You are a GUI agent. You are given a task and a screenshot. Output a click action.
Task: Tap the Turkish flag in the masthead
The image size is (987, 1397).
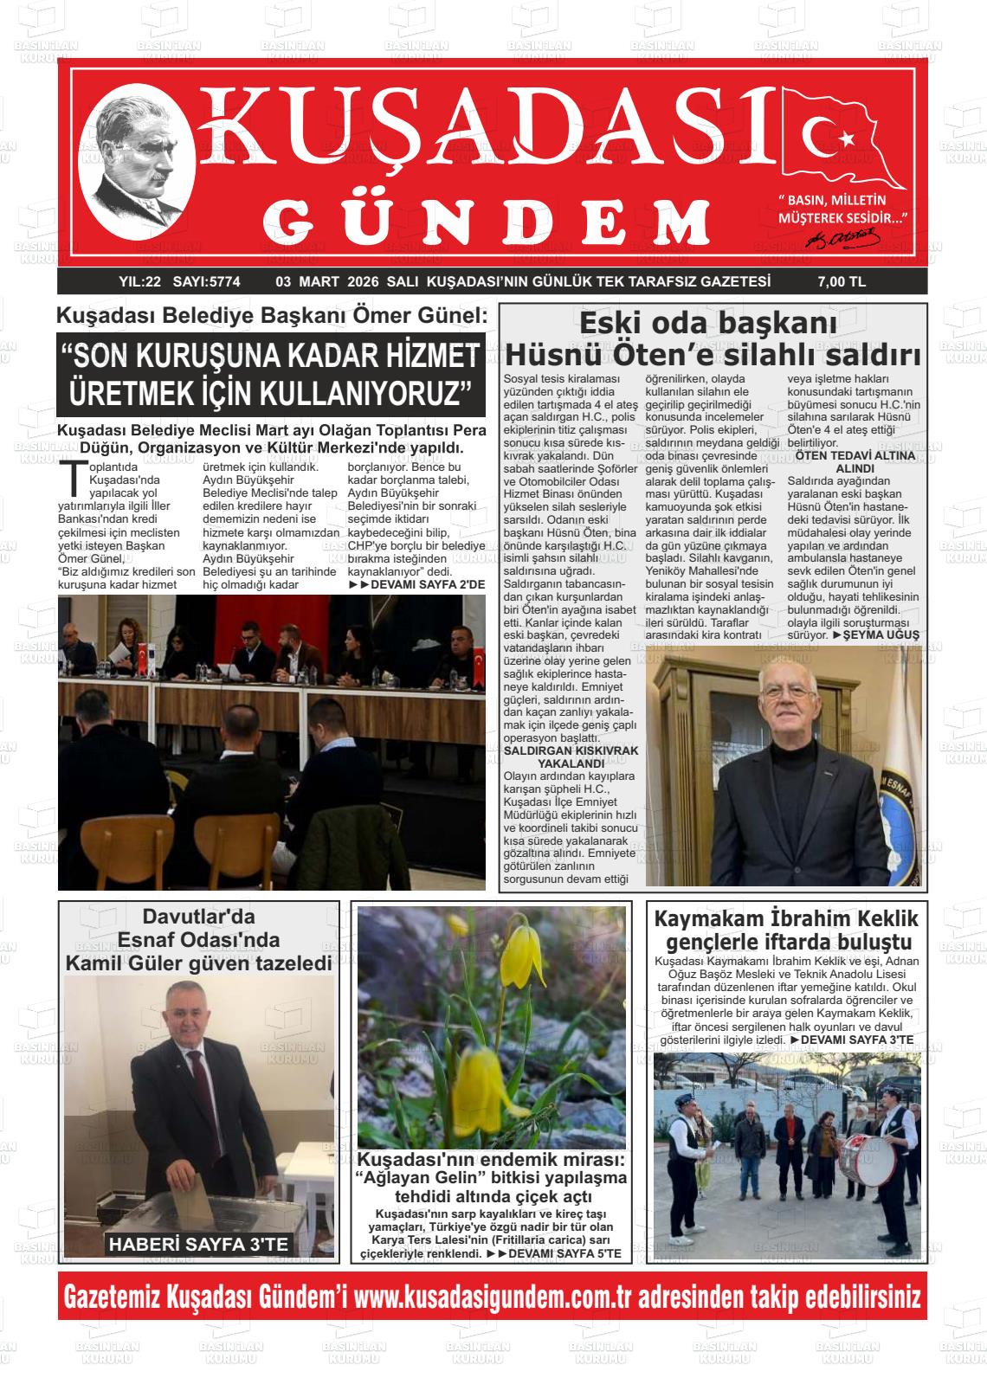(x=842, y=138)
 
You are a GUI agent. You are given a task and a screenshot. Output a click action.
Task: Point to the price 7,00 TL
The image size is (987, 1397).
(x=841, y=281)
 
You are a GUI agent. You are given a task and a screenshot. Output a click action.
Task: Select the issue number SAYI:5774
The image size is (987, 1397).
(x=206, y=281)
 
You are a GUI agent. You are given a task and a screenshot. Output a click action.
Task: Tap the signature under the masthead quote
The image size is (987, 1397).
(x=843, y=236)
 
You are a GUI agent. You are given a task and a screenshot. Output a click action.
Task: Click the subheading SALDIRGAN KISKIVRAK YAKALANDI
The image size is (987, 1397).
(x=571, y=757)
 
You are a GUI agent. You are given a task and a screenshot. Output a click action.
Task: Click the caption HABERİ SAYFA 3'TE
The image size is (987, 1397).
(x=197, y=1245)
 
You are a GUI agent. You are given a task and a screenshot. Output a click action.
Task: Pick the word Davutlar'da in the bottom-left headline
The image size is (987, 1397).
(x=199, y=916)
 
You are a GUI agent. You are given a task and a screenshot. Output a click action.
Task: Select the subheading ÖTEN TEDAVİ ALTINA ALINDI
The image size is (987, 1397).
(x=854, y=461)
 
